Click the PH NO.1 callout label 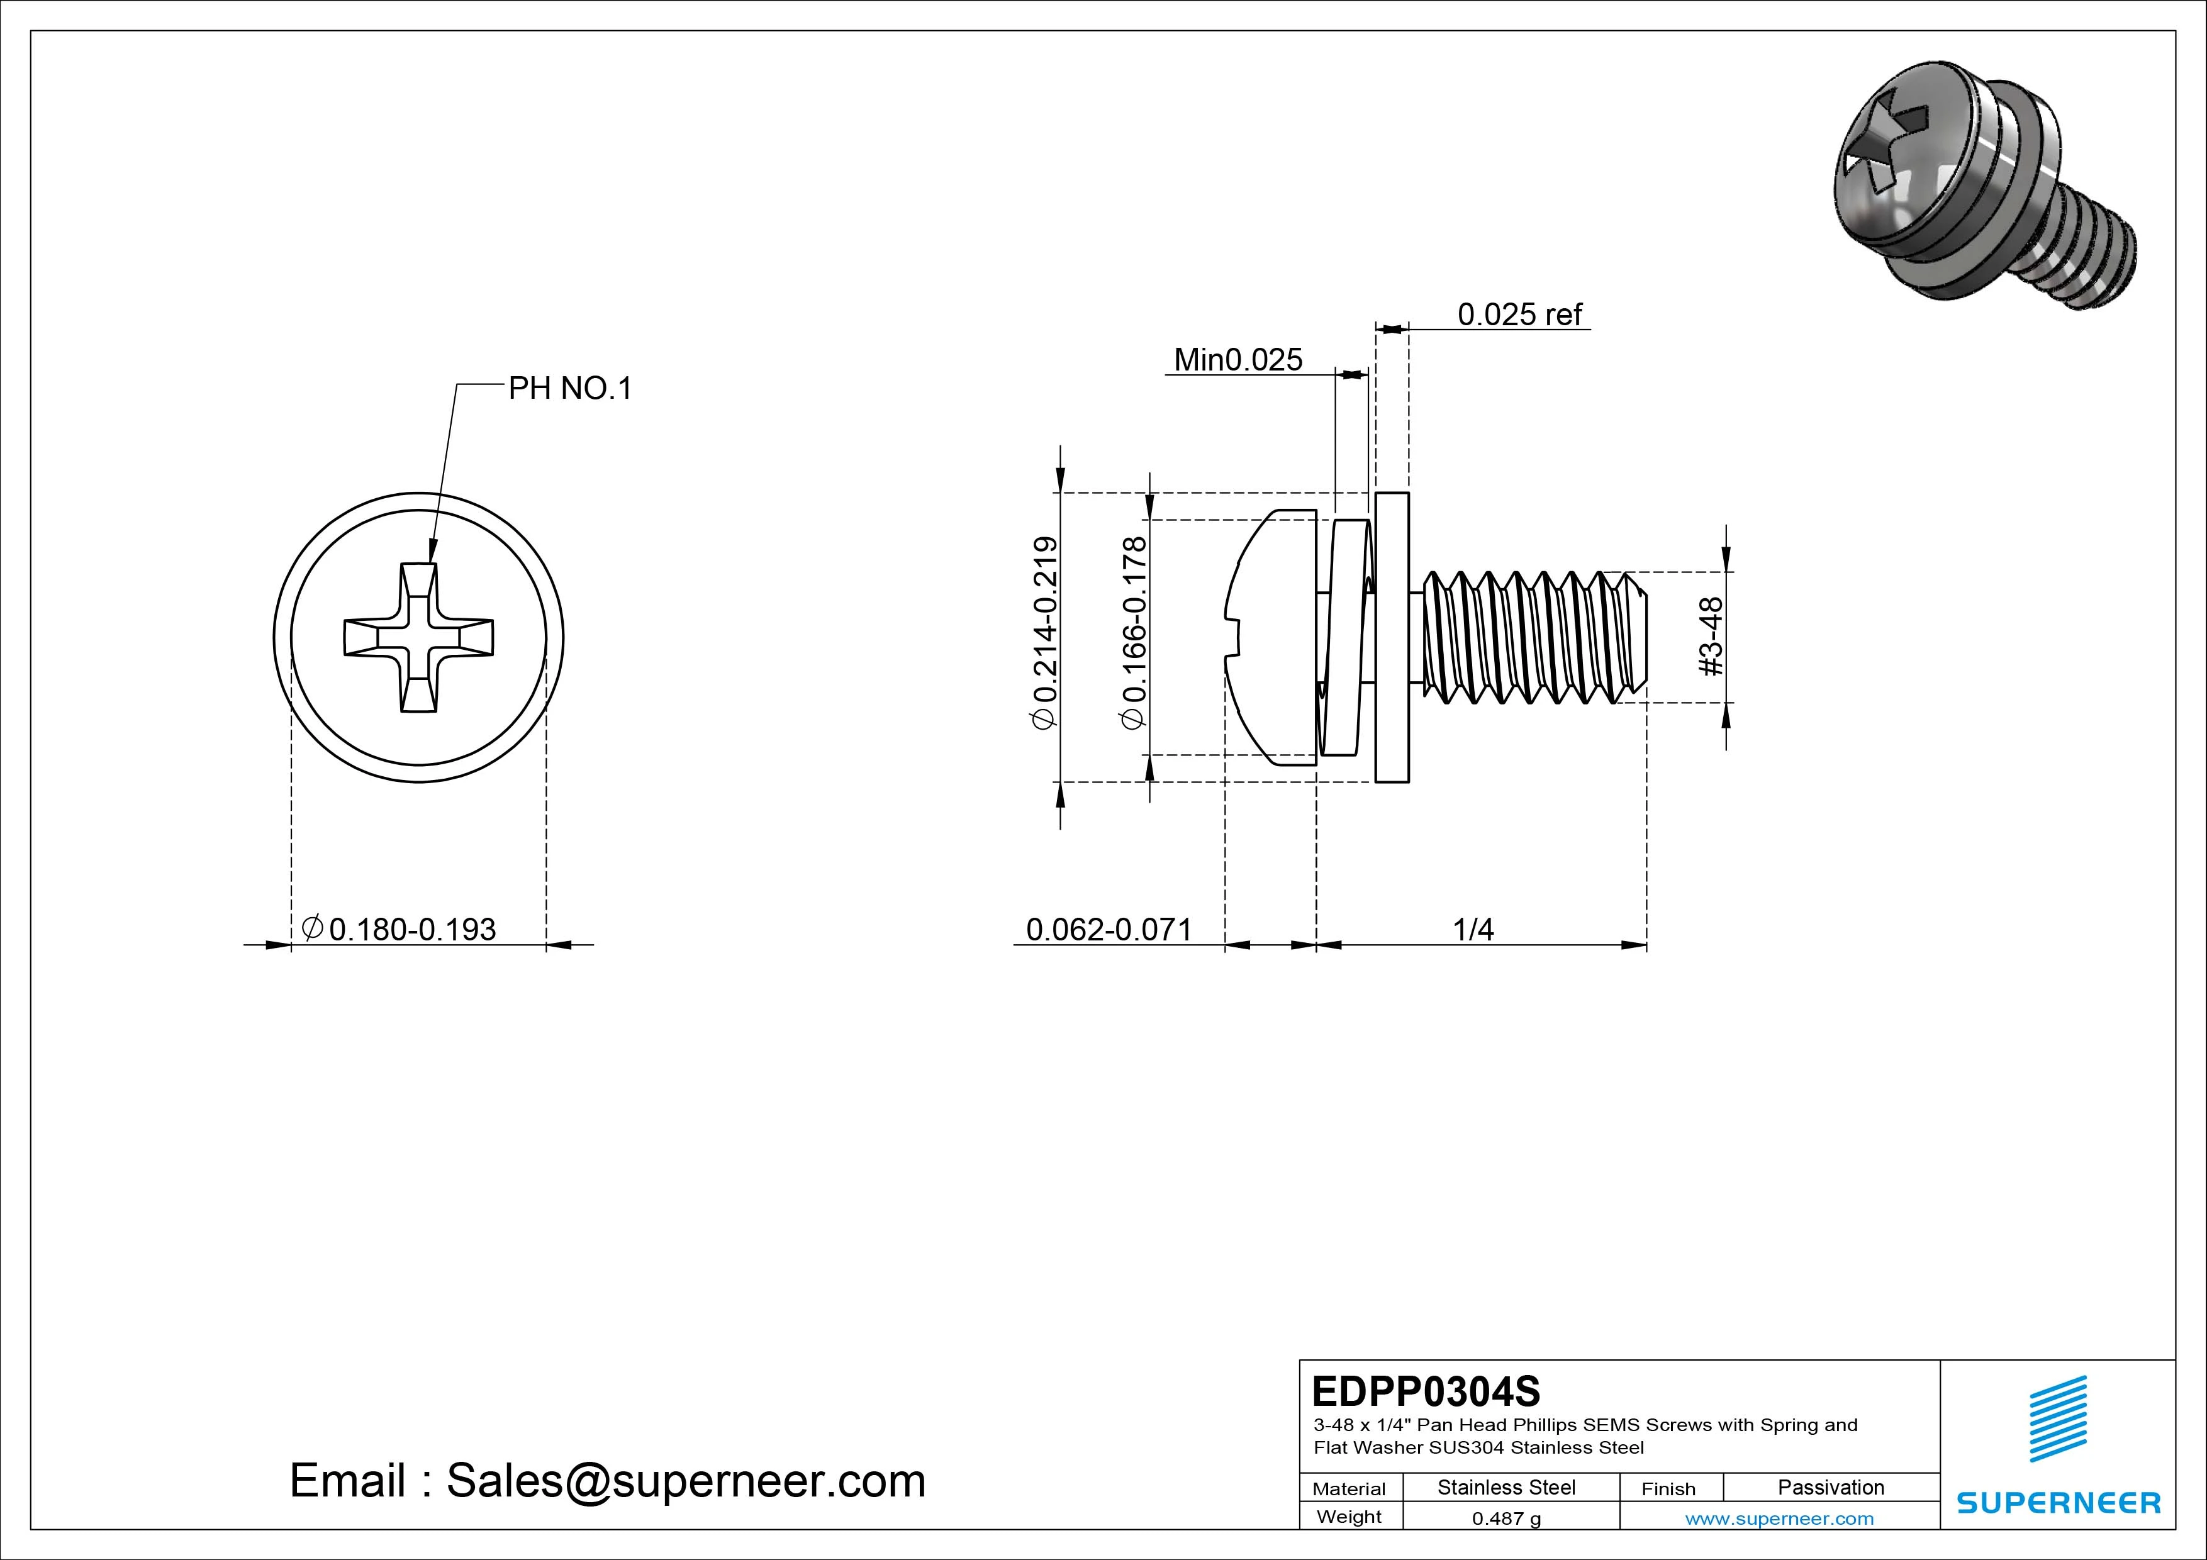click(x=569, y=388)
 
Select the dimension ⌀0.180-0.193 click(x=400, y=930)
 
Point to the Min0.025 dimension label click(x=1238, y=359)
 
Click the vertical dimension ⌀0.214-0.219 click(x=1045, y=632)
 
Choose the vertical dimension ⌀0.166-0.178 click(x=1135, y=632)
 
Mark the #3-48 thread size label click(x=1712, y=637)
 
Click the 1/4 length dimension click(x=1473, y=930)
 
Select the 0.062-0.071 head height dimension click(x=1109, y=930)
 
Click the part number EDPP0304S click(x=1426, y=1391)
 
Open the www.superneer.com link click(x=1779, y=1518)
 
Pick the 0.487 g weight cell click(x=1506, y=1518)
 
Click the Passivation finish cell click(x=1830, y=1487)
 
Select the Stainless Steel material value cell click(x=1506, y=1487)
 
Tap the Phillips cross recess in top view click(x=419, y=637)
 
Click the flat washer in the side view click(x=1392, y=637)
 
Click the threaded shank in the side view click(x=1533, y=637)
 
